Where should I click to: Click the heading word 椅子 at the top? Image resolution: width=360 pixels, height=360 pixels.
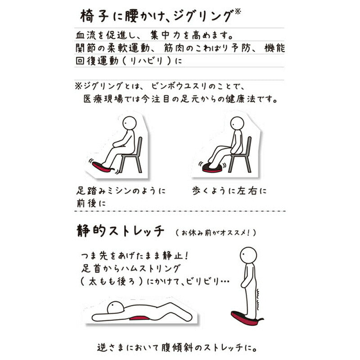(x=94, y=16)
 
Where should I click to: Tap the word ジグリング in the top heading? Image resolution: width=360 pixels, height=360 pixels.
(x=202, y=17)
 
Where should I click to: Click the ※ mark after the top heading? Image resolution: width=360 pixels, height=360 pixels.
(x=238, y=12)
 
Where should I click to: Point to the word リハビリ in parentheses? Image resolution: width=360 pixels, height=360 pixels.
(x=147, y=61)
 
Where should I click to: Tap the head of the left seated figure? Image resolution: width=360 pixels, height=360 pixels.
(x=130, y=123)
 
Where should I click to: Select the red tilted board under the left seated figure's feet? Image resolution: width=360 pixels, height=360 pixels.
(x=103, y=167)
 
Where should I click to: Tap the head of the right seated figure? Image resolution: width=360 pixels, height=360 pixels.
(x=237, y=123)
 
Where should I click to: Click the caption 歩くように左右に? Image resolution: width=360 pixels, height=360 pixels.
(x=229, y=191)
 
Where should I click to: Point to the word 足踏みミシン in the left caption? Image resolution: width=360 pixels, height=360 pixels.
(x=104, y=191)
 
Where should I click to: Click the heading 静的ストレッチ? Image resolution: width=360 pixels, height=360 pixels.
(x=120, y=230)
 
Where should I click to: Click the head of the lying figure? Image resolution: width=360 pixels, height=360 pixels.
(x=116, y=308)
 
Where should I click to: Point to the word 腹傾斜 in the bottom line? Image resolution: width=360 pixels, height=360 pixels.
(x=176, y=348)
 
